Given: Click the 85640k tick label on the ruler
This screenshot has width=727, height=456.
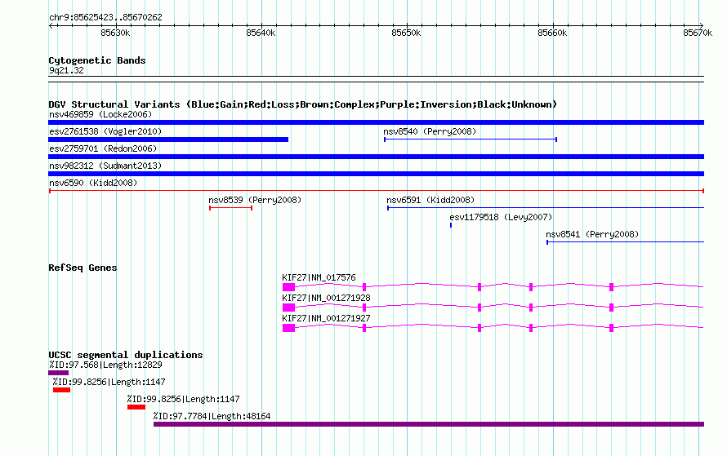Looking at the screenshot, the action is pyautogui.click(x=261, y=33).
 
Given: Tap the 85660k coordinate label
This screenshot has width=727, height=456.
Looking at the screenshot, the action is pyautogui.click(x=552, y=33).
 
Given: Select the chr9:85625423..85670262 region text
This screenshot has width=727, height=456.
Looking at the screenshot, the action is pyautogui.click(x=105, y=17).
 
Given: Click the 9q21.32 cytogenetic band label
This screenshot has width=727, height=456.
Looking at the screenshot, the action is pyautogui.click(x=66, y=70).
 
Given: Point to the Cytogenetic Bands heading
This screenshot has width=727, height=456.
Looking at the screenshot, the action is pyautogui.click(x=97, y=60).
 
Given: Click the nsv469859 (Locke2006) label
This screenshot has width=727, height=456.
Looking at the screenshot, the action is pyautogui.click(x=100, y=114).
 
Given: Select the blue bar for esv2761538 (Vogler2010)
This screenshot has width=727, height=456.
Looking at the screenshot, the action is pyautogui.click(x=168, y=139).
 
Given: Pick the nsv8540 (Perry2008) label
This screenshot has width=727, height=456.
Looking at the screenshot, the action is pyautogui.click(x=430, y=131).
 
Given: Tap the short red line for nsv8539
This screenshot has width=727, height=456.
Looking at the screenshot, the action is pyautogui.click(x=231, y=208).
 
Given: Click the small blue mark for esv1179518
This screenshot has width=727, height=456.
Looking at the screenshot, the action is pyautogui.click(x=451, y=225).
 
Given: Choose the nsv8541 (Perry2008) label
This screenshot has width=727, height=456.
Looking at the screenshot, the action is pyautogui.click(x=592, y=234).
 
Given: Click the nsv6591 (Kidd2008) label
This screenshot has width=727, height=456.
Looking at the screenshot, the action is pyautogui.click(x=430, y=200).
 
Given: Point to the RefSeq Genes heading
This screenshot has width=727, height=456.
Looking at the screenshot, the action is pyautogui.click(x=83, y=268).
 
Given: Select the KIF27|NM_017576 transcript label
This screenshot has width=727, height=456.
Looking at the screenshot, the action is pyautogui.click(x=319, y=278).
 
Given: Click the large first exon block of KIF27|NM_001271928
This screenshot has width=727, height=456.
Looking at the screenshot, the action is pyautogui.click(x=288, y=308).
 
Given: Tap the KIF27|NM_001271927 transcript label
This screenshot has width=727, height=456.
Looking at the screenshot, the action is pyautogui.click(x=326, y=318).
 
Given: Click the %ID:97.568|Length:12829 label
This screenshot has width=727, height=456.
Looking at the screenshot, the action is pyautogui.click(x=105, y=365).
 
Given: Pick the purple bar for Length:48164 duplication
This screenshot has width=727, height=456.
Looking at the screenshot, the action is pyautogui.click(x=429, y=424).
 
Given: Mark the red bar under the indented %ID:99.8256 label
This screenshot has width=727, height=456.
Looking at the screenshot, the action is pyautogui.click(x=136, y=407).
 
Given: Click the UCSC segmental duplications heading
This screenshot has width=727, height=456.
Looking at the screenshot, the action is pyautogui.click(x=126, y=355).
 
